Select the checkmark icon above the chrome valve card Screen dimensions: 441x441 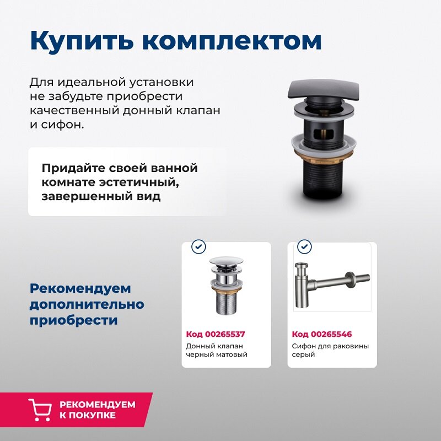pyautogui.click(x=198, y=246)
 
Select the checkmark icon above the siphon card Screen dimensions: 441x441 pyautogui.click(x=304, y=246)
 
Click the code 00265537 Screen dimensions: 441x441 pyautogui.click(x=216, y=334)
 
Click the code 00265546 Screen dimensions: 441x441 pyautogui.click(x=321, y=334)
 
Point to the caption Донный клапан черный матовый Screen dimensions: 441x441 pyautogui.click(x=217, y=350)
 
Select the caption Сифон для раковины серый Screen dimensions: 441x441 pyautogui.click(x=330, y=350)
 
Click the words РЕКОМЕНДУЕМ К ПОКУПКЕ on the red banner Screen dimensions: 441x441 pyautogui.click(x=97, y=410)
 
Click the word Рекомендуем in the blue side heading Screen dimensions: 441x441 pyautogui.click(x=80, y=288)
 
